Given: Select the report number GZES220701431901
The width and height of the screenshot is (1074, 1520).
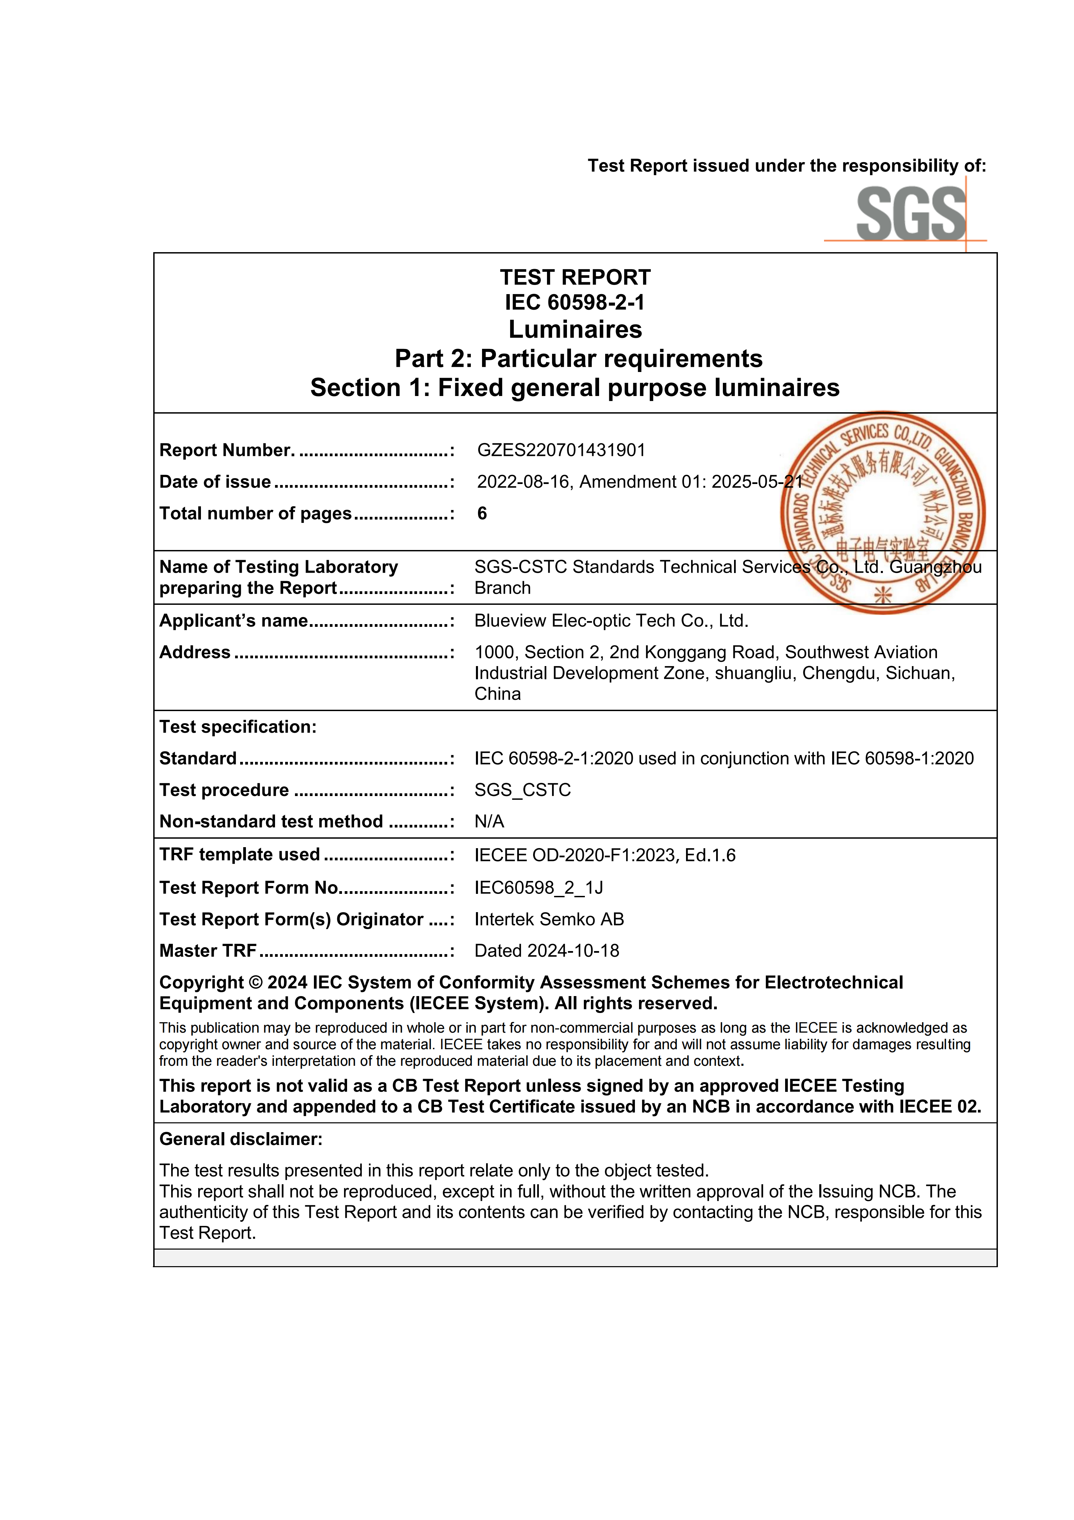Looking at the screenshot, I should click(x=561, y=450).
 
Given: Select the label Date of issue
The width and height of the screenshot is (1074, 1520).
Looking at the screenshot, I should click(x=215, y=482).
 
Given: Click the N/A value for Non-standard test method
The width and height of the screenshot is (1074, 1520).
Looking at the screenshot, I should click(x=489, y=821).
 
